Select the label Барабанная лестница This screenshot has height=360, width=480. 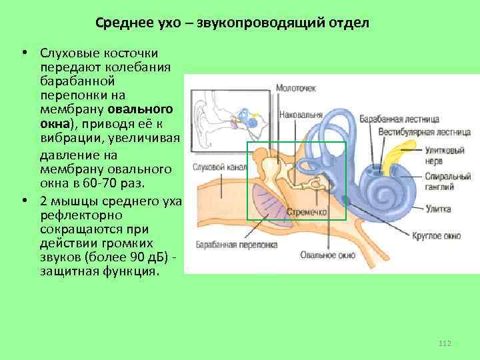point(399,119)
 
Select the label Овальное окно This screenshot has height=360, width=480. point(321,254)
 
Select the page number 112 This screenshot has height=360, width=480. point(445,343)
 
